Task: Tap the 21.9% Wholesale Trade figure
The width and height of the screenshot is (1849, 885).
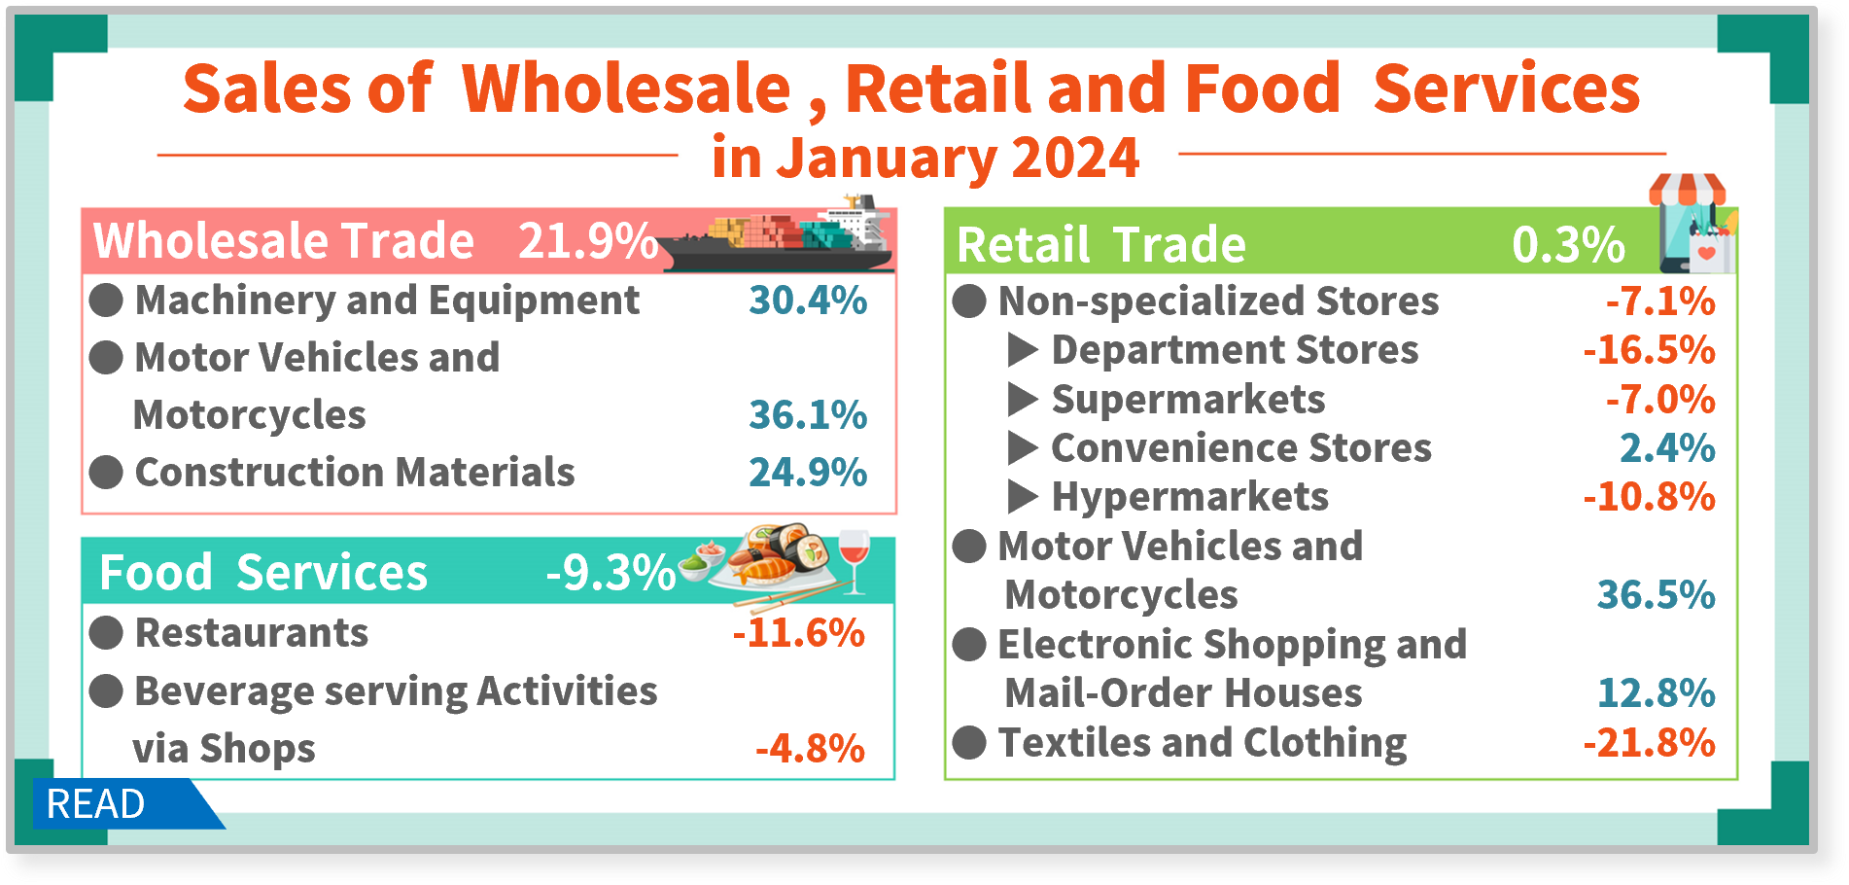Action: [588, 241]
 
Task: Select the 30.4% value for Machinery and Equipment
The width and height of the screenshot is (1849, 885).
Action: [808, 301]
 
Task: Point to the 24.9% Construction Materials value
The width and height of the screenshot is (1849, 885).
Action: [808, 473]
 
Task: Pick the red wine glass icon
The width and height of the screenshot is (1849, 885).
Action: [853, 561]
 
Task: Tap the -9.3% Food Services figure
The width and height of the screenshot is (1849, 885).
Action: [611, 573]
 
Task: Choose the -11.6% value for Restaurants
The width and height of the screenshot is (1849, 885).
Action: [799, 633]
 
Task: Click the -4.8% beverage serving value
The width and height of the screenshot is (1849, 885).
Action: [811, 749]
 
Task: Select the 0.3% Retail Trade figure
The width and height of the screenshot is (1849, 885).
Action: [1568, 244]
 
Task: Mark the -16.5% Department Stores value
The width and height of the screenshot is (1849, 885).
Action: [1650, 350]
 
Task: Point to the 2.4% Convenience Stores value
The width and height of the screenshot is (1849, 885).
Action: [1667, 448]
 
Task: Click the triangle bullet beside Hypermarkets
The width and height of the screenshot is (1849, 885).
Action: [1023, 497]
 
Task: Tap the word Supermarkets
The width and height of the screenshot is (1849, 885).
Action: [1188, 400]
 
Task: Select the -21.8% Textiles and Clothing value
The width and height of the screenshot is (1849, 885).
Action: [1650, 743]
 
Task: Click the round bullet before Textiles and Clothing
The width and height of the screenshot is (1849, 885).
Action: [969, 743]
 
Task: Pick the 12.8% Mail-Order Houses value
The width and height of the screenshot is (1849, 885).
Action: [1657, 693]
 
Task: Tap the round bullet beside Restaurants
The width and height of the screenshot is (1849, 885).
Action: [106, 633]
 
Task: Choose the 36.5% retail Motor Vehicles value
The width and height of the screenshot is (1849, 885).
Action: [1657, 595]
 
